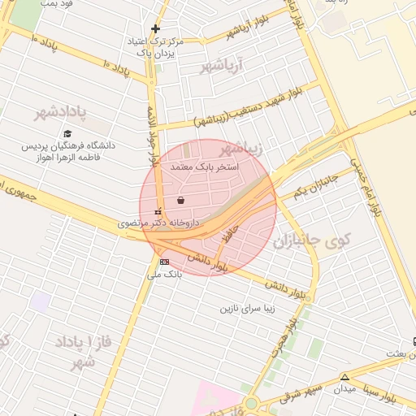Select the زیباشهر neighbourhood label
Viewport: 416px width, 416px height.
pos(240,148)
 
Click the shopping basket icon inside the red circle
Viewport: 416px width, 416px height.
pos(180,199)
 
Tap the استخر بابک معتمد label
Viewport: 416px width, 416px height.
pos(205,166)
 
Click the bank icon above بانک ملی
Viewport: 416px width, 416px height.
pos(165,262)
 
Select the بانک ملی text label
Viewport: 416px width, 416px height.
pos(165,275)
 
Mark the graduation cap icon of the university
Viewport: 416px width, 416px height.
pos(67,133)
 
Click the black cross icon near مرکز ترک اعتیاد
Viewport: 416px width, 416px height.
pos(154,28)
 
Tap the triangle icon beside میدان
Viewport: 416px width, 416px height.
pos(345,377)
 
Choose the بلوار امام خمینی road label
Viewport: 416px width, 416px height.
pos(366,184)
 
